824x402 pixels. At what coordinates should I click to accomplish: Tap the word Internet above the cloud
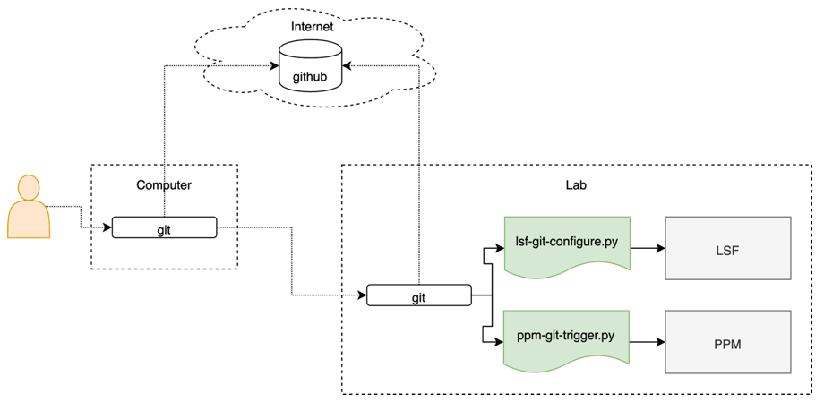point(312,27)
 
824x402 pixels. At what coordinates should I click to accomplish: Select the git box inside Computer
point(164,228)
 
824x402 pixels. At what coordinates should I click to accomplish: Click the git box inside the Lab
point(418,296)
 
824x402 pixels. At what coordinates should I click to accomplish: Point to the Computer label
point(164,185)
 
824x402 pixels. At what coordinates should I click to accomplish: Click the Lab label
point(576,185)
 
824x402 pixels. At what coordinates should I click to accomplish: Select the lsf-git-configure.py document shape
point(566,244)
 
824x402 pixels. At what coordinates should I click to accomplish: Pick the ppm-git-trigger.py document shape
point(566,338)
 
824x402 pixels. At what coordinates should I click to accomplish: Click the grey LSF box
point(727,248)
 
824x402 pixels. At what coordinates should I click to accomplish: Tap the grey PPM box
point(727,342)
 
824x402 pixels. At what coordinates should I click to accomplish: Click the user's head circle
point(29,187)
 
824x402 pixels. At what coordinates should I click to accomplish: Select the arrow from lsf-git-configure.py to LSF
point(647,248)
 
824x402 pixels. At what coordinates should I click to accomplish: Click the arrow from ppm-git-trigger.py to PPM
point(647,342)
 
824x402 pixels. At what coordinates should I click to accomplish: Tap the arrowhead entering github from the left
point(274,65)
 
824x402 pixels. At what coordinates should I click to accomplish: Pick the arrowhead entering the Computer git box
point(107,228)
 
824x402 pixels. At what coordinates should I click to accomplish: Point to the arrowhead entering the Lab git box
point(362,295)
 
